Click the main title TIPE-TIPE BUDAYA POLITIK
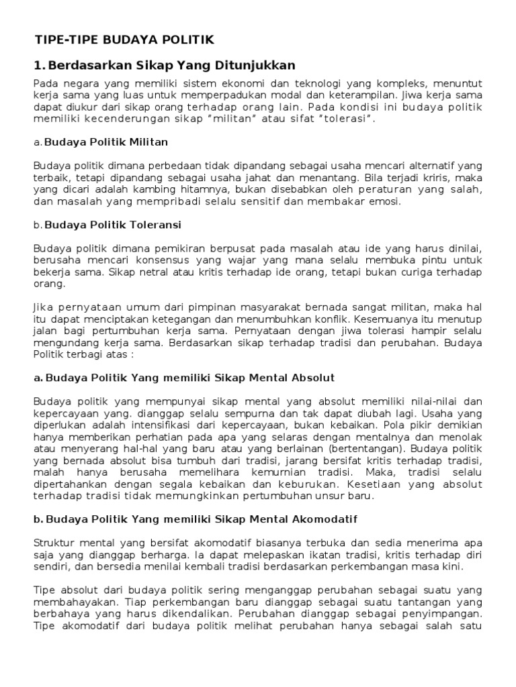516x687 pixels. (x=124, y=40)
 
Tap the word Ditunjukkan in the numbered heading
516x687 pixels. (x=259, y=66)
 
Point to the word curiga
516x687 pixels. (x=406, y=272)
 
